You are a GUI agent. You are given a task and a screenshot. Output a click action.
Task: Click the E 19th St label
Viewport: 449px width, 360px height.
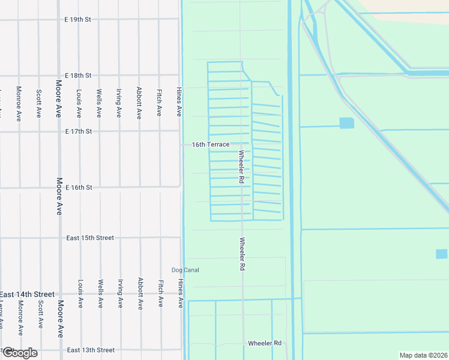78,20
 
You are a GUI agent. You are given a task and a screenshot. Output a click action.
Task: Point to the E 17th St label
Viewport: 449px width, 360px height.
78,131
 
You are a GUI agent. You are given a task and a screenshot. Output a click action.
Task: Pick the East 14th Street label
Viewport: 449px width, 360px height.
28,295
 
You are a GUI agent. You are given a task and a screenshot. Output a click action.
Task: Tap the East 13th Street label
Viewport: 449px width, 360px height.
90,350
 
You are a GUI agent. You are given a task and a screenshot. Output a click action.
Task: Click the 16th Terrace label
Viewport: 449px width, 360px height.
210,145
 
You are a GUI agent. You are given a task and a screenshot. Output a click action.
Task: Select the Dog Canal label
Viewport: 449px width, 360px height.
185,270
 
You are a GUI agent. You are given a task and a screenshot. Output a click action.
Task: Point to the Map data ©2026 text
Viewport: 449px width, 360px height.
423,355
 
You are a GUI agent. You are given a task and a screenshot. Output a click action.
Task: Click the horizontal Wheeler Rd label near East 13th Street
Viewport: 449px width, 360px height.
265,343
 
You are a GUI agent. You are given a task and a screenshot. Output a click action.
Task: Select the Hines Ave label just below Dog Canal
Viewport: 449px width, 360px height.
180,294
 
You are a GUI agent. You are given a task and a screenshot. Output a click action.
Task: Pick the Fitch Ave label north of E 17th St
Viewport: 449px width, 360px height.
159,103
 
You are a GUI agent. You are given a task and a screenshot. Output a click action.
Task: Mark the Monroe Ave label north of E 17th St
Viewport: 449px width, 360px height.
19,103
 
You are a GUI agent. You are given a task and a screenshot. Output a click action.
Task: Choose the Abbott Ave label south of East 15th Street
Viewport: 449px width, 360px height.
139,294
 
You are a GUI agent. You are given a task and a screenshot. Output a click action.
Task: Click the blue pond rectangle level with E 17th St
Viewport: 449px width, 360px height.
346,123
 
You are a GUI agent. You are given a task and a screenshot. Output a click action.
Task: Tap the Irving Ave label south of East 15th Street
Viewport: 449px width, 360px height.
120,294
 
